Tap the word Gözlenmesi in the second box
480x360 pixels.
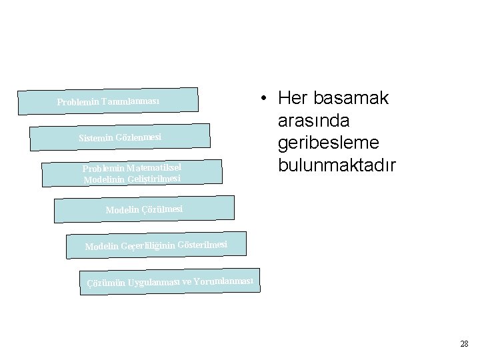tap(139, 137)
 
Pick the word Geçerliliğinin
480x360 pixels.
tap(146, 246)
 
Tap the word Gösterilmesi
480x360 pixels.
tap(203, 244)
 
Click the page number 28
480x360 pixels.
tap(464, 344)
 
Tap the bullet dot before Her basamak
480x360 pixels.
tap(265, 99)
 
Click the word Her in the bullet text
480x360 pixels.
tap(292, 99)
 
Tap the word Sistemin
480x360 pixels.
tap(96, 139)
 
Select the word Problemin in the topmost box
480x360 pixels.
tap(78, 103)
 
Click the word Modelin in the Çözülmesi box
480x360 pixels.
tap(123, 211)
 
